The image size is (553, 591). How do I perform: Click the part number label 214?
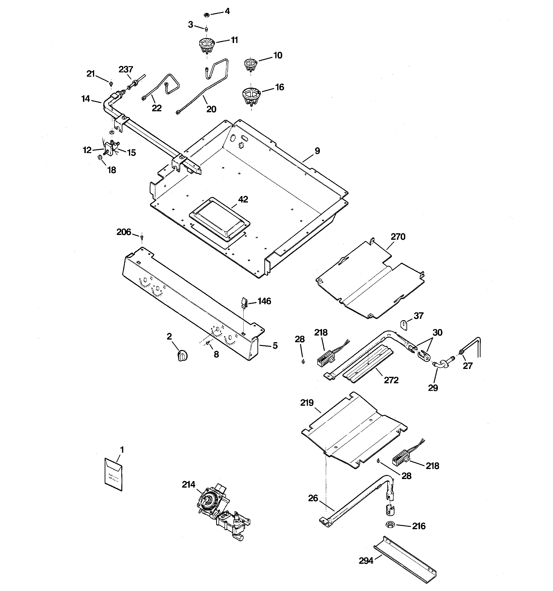(189, 484)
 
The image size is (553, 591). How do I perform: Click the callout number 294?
(366, 561)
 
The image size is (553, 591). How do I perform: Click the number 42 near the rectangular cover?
(243, 199)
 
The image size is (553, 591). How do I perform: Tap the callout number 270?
(398, 237)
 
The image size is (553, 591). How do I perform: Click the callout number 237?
(126, 69)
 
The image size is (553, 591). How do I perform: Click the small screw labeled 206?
(142, 237)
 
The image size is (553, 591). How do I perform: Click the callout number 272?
(391, 380)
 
